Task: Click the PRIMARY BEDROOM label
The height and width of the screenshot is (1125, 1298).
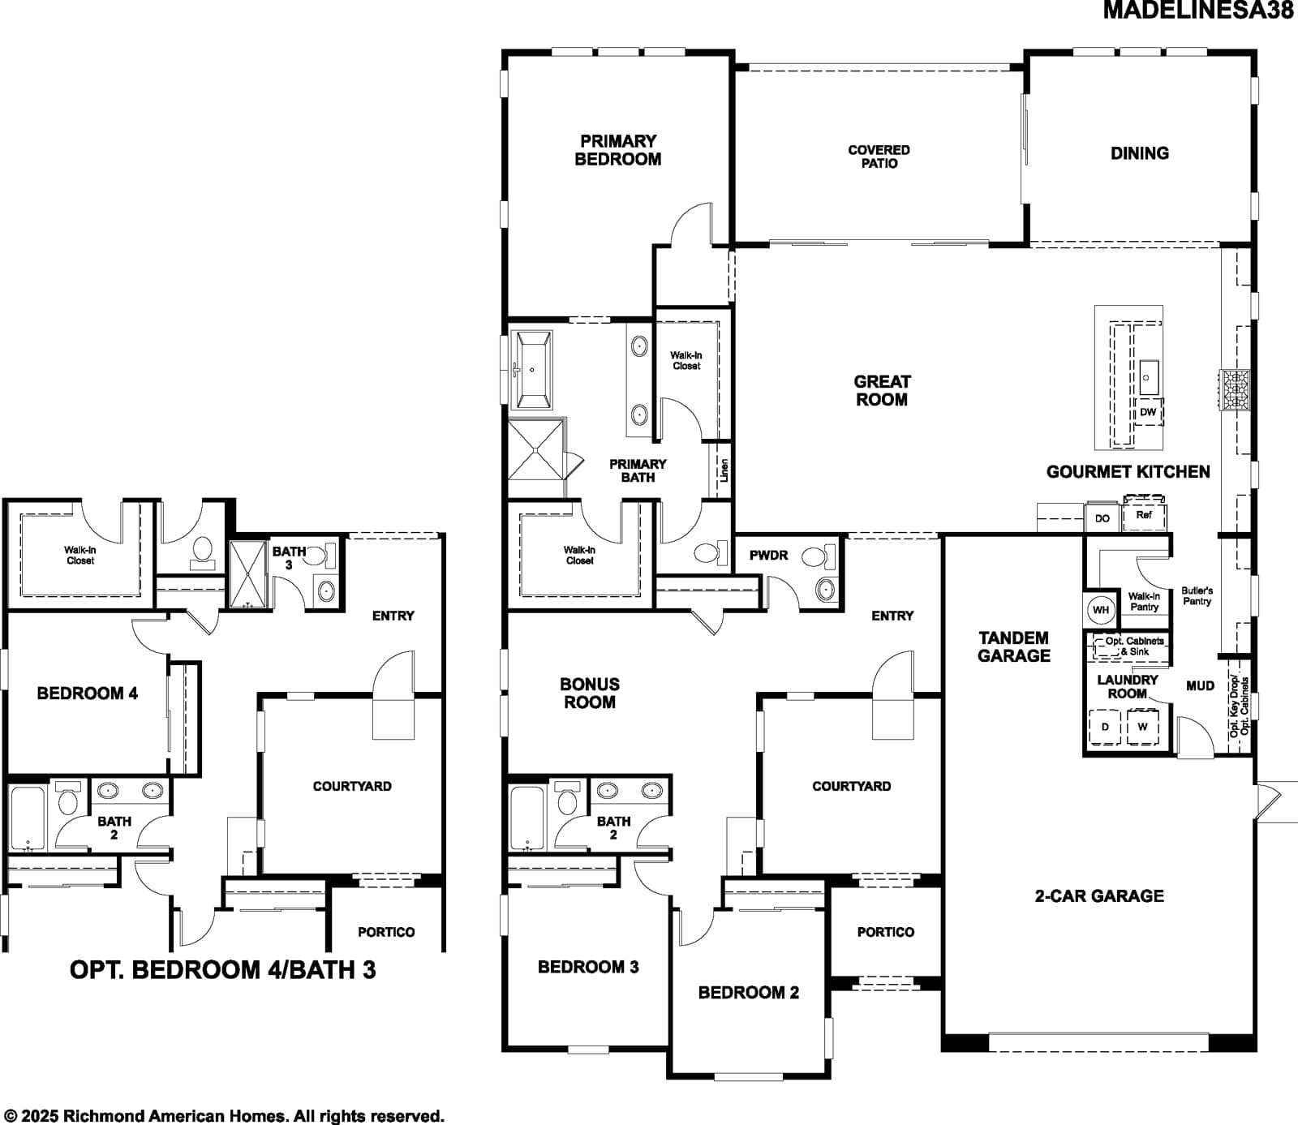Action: click(x=618, y=151)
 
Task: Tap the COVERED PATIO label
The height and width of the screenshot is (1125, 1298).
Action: click(x=879, y=157)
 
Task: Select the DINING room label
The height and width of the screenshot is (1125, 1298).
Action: click(x=1140, y=153)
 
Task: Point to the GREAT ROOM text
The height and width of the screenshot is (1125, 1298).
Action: click(x=882, y=390)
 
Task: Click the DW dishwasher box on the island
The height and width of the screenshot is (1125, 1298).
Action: click(x=1148, y=412)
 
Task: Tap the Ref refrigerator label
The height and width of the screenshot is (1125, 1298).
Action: click(x=1144, y=515)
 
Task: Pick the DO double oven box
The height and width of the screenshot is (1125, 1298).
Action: click(x=1102, y=517)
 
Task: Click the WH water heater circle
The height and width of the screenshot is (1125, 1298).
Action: click(x=1101, y=610)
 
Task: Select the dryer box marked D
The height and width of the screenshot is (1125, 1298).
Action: click(x=1105, y=727)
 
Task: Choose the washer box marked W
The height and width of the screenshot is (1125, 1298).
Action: click(x=1142, y=727)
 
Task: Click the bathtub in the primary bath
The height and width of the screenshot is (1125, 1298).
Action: click(x=532, y=369)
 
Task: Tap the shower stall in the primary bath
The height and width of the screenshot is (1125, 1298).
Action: click(x=536, y=449)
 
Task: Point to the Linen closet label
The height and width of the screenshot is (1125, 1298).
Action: click(x=724, y=470)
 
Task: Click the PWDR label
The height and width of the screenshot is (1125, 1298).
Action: click(x=768, y=556)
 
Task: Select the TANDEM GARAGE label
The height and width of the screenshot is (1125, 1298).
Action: click(x=1013, y=647)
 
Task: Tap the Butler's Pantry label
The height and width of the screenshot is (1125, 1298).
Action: click(x=1197, y=596)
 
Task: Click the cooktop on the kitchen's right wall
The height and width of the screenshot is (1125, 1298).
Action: click(x=1236, y=390)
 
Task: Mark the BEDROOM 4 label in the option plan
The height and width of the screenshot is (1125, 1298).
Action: click(x=88, y=693)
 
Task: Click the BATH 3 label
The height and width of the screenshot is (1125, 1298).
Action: click(x=289, y=558)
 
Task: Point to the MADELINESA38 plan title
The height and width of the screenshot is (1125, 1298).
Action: click(x=1198, y=11)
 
